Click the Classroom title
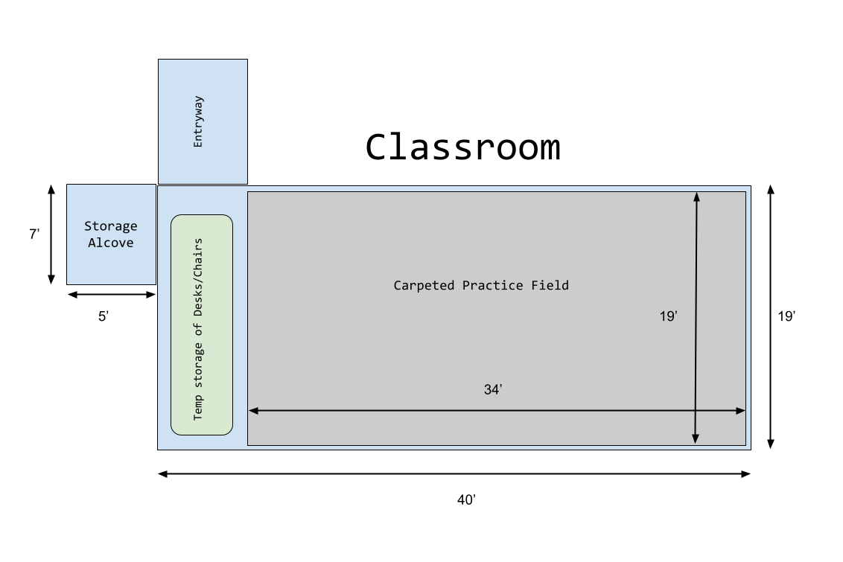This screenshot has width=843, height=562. [463, 147]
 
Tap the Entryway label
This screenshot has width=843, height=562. [198, 121]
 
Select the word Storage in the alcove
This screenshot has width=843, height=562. [111, 226]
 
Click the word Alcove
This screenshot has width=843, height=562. [111, 243]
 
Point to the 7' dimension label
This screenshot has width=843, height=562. [34, 234]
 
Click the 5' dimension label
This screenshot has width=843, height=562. [104, 316]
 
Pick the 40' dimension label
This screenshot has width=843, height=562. [466, 500]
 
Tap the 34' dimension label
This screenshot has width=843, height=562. [493, 389]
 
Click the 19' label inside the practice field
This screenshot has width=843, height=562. [668, 316]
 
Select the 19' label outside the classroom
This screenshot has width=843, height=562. [786, 316]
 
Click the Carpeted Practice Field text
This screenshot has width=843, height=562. [481, 285]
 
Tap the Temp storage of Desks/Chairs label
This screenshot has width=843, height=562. [198, 329]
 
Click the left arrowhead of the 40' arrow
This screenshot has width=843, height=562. [162, 474]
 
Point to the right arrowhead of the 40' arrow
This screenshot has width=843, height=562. [745, 474]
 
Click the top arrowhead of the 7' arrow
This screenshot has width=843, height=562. [51, 189]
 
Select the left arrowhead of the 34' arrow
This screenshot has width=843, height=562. [253, 411]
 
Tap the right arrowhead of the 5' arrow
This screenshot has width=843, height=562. [151, 295]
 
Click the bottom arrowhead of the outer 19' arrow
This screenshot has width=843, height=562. [771, 444]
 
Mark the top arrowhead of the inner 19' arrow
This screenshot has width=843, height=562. [697, 197]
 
